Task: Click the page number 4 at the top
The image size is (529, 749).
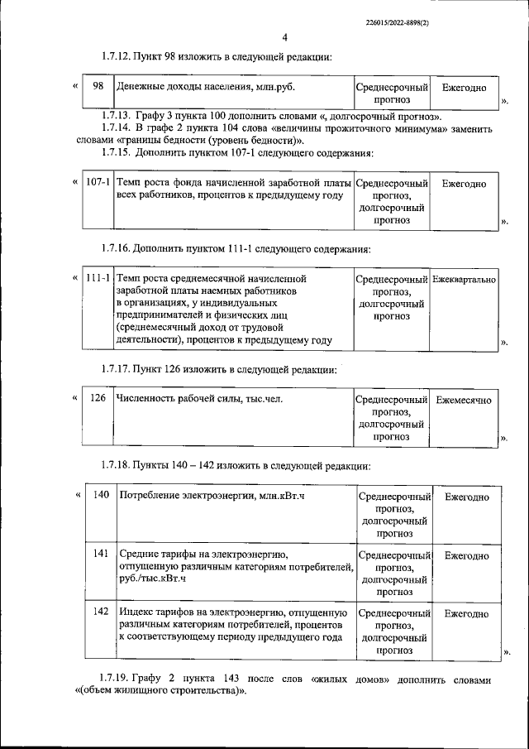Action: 284,38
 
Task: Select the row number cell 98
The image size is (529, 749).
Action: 98,87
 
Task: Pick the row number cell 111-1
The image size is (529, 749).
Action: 98,280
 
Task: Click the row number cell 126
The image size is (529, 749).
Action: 98,399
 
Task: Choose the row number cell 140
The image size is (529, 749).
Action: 102,496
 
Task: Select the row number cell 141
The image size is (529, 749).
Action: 102,552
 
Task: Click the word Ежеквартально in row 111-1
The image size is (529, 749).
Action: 465,280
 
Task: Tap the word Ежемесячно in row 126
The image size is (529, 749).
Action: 464,400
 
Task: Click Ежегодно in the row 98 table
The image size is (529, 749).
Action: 464,87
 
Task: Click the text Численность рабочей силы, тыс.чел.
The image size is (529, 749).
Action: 199,399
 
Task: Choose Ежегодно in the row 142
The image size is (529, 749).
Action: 466,614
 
